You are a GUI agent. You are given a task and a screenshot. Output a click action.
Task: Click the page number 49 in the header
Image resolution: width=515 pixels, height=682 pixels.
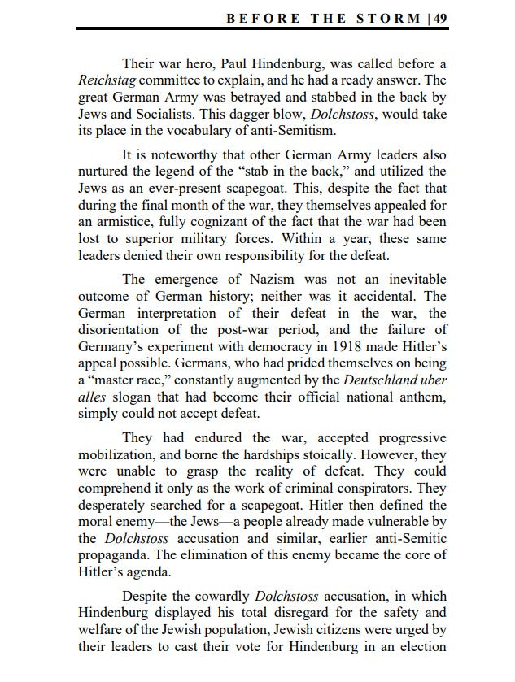[x=439, y=18]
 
